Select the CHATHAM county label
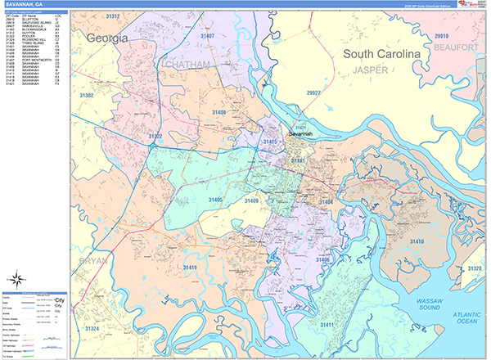pyautogui.click(x=187, y=64)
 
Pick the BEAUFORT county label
pyautogui.click(x=457, y=49)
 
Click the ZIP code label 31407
pyautogui.click(x=207, y=37)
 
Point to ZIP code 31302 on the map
pyautogui.click(x=85, y=96)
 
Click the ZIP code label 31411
pyautogui.click(x=328, y=326)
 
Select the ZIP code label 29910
pyautogui.click(x=441, y=37)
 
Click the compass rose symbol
pyautogui.click(x=16, y=281)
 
